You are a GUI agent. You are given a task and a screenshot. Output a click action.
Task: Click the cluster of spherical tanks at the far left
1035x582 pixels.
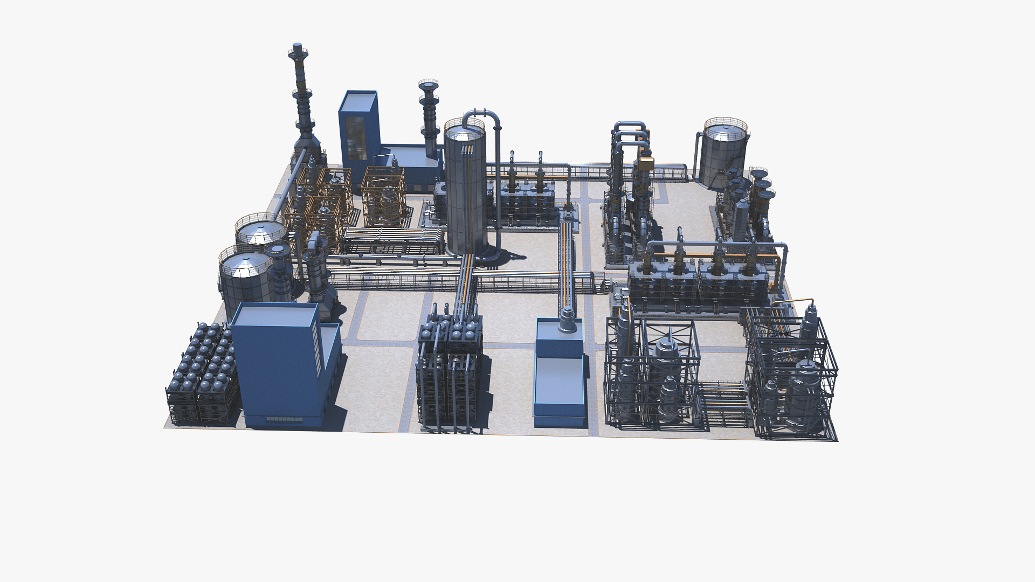(202, 372)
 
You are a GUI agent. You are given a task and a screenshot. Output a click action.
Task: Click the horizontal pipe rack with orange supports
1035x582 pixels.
(394, 240)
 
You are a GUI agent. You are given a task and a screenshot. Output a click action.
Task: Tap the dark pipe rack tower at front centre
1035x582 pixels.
(448, 372)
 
